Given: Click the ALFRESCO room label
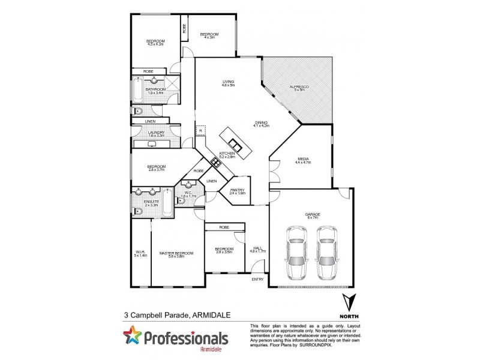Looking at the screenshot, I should click(x=298, y=88).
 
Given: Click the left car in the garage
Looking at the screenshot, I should click(x=296, y=252).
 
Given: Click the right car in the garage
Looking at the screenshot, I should click(x=325, y=252).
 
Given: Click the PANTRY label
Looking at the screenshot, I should click(x=238, y=190).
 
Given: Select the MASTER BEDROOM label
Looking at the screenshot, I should click(x=176, y=253).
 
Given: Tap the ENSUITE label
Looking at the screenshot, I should click(x=151, y=202).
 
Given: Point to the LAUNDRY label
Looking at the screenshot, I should click(x=156, y=133).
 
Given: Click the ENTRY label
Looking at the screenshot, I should click(x=257, y=280).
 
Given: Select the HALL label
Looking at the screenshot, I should click(x=257, y=248).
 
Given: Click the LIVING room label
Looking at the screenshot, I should click(x=228, y=82).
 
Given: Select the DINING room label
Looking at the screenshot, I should click(x=261, y=123).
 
